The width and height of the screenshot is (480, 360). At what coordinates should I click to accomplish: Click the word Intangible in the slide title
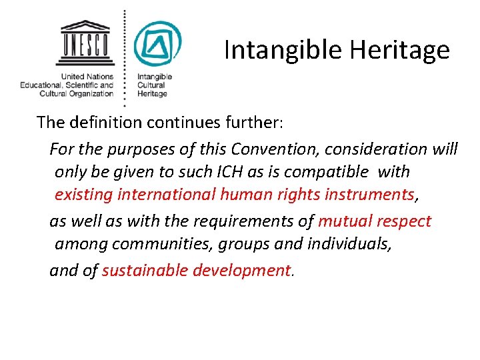(x=272, y=51)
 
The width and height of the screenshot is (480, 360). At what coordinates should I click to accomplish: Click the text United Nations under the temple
(x=87, y=77)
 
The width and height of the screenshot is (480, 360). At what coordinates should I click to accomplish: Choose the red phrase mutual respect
(x=375, y=221)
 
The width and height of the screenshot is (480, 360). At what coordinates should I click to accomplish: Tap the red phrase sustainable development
(x=197, y=270)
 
